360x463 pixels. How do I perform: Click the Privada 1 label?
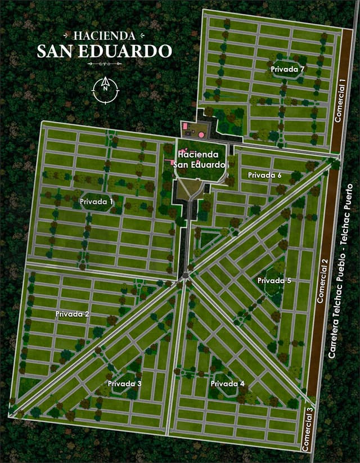[97, 200]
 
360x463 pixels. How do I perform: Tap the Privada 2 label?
[72, 314]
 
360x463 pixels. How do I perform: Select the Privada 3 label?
[125, 383]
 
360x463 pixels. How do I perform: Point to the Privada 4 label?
[228, 383]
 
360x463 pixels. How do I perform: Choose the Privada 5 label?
[274, 280]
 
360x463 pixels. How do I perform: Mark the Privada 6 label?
[265, 175]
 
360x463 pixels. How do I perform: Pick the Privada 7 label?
[287, 69]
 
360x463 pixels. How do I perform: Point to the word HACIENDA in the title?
[104, 35]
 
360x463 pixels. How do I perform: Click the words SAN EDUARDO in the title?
[104, 51]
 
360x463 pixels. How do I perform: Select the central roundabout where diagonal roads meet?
[184, 276]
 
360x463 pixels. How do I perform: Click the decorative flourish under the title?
[104, 64]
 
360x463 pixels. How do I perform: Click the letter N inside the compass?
[105, 87]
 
